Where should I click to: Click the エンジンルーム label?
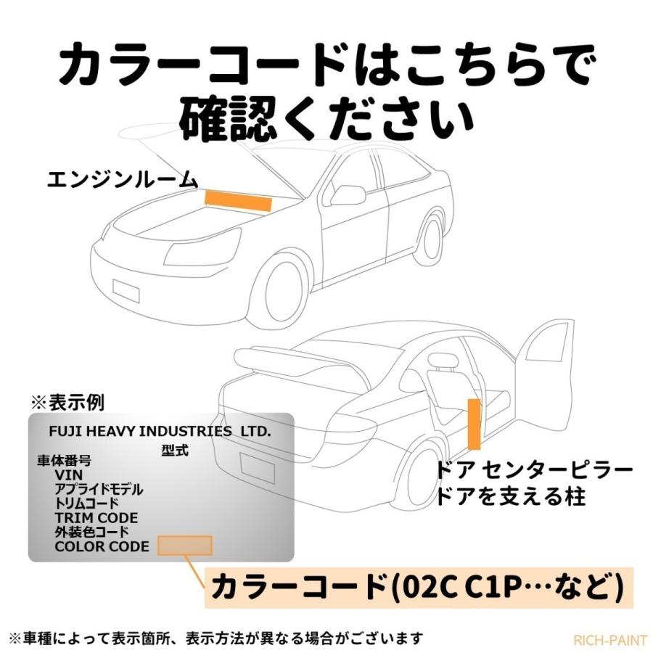click(x=121, y=178)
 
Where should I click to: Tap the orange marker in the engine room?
click(x=238, y=200)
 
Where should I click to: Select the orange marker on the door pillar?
click(x=473, y=422)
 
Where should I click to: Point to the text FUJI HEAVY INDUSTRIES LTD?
click(x=159, y=432)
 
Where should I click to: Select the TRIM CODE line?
click(x=96, y=518)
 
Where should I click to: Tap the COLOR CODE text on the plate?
click(x=102, y=546)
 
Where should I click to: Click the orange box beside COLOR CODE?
click(x=184, y=546)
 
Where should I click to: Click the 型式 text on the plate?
click(x=175, y=450)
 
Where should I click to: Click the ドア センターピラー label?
click(x=535, y=471)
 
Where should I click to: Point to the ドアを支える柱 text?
click(x=509, y=497)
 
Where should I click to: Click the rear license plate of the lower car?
click(x=258, y=464)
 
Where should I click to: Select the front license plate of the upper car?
click(x=126, y=288)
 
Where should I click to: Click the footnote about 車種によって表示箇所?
click(x=215, y=638)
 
